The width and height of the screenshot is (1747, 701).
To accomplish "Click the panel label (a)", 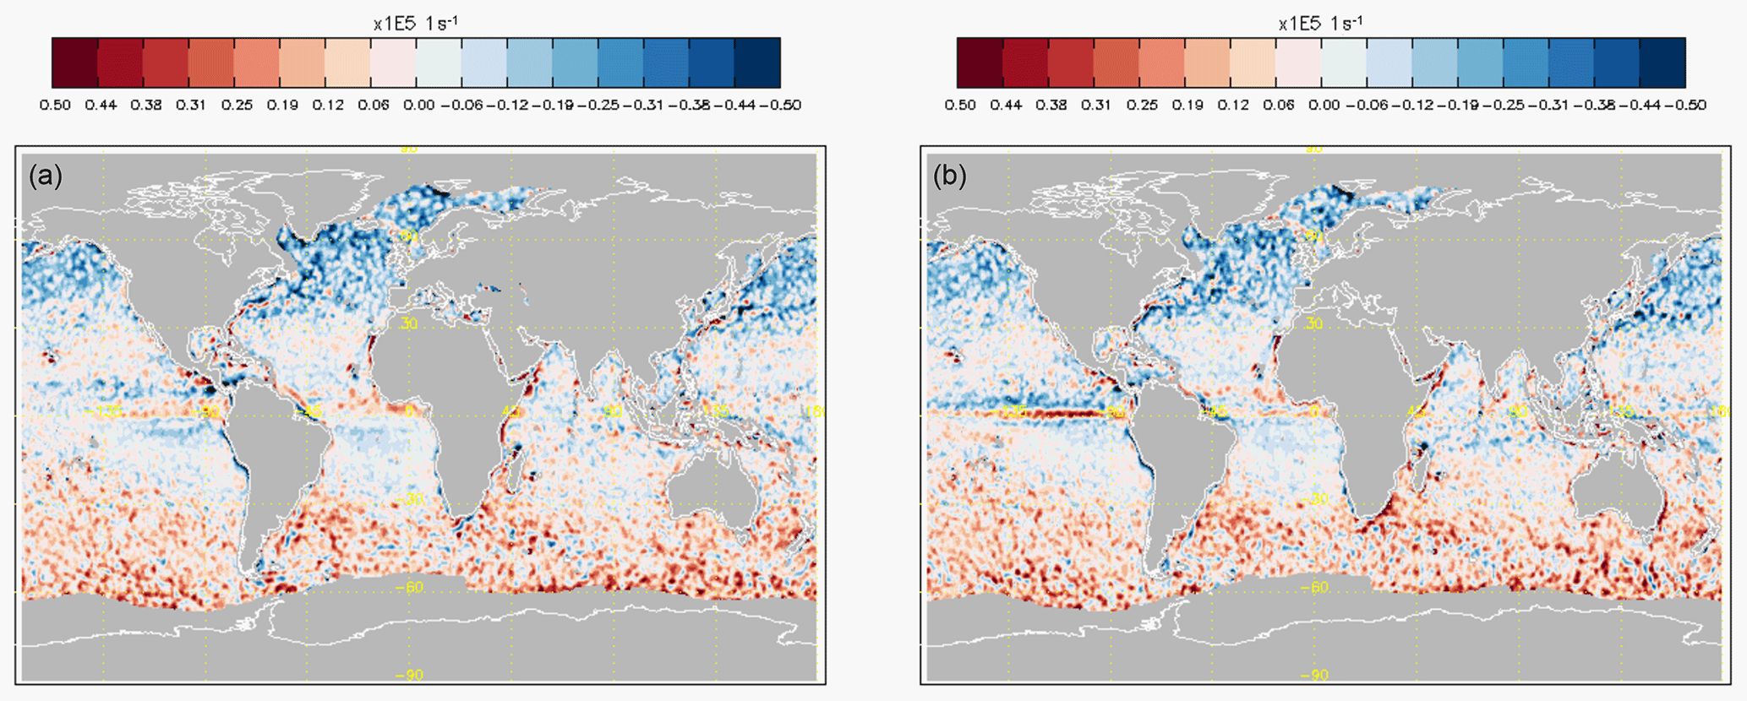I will coord(46,176).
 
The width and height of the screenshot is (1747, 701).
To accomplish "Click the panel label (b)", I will coord(950,176).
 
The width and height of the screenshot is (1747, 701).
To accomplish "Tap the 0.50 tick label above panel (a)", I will coord(55,105).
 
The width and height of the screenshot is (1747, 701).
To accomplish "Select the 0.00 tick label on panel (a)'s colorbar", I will coord(419,105).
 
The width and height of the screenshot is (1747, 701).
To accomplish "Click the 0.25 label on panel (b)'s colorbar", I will coord(1142,105).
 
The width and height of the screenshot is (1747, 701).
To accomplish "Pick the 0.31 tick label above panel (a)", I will coord(191,105).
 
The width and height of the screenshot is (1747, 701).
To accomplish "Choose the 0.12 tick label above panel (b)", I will coord(1233,105).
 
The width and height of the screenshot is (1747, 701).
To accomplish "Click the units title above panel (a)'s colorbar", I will coord(416,24).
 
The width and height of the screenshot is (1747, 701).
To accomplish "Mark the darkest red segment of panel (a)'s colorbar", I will coord(75,62).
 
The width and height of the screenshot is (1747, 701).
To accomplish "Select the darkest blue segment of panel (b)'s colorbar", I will coord(1662,62).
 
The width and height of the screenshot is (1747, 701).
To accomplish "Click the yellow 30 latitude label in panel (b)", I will coord(1313,324).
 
